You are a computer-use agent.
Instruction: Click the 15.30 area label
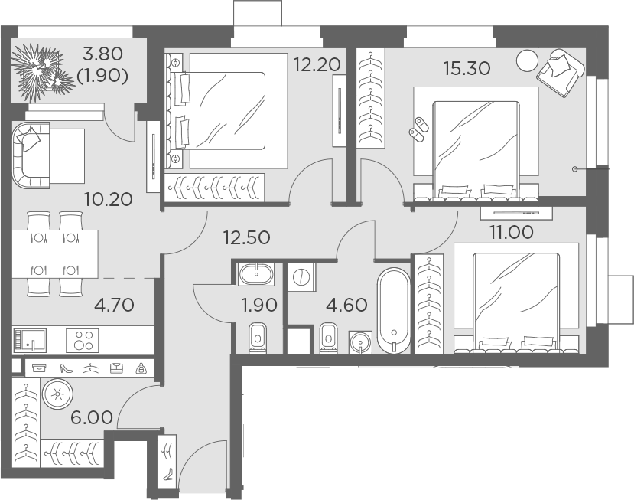click(x=467, y=68)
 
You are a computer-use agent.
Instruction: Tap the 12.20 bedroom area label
click(x=317, y=64)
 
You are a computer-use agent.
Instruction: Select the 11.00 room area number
click(x=512, y=232)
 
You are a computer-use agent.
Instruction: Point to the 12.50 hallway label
click(x=247, y=237)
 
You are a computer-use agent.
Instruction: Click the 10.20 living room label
click(x=109, y=199)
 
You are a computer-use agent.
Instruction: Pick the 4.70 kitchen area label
click(x=114, y=305)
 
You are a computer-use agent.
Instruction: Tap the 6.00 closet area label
click(x=92, y=417)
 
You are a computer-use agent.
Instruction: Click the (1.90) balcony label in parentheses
click(x=102, y=76)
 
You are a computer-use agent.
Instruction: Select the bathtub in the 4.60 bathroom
click(x=394, y=311)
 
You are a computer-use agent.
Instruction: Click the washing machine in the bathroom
click(x=301, y=277)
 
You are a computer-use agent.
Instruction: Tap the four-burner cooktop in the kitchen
click(x=83, y=340)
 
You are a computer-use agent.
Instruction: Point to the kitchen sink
click(x=30, y=341)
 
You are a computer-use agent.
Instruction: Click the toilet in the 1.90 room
click(x=258, y=338)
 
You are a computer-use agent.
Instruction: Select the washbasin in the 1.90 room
click(x=257, y=274)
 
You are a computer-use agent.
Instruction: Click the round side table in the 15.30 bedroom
click(x=527, y=60)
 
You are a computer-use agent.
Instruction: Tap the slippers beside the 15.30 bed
click(x=419, y=129)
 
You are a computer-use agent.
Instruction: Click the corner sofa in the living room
click(x=31, y=155)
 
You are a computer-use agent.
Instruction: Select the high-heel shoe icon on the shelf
click(x=66, y=368)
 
